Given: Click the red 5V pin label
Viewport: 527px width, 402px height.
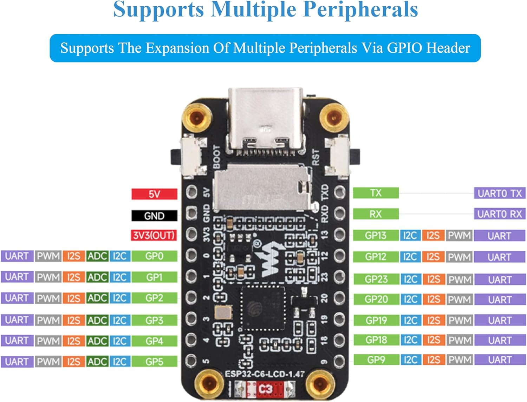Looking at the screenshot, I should pyautogui.click(x=154, y=194).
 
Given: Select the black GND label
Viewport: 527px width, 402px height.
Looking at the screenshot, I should pyautogui.click(x=154, y=216).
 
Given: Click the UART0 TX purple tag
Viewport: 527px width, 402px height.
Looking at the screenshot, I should pyautogui.click(x=499, y=193).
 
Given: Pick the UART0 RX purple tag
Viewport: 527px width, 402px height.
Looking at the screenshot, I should pyautogui.click(x=499, y=214).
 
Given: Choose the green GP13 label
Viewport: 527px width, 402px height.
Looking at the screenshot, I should pyautogui.click(x=376, y=235).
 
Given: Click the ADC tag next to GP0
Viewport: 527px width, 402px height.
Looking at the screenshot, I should pyautogui.click(x=97, y=256).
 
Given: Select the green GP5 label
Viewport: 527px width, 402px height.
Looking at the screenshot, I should pyautogui.click(x=154, y=362).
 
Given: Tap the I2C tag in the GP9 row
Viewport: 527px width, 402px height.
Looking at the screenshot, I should pyautogui.click(x=410, y=360).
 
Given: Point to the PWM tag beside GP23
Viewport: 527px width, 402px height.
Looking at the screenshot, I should pyautogui.click(x=460, y=279).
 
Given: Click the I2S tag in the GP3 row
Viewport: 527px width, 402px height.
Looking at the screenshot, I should pyautogui.click(x=73, y=320).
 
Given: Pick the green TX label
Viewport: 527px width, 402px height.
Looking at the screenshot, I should pyautogui.click(x=376, y=193).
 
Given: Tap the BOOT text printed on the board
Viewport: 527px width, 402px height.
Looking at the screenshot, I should pyautogui.click(x=217, y=157).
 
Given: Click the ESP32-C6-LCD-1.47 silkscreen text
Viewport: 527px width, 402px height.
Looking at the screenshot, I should pyautogui.click(x=265, y=374).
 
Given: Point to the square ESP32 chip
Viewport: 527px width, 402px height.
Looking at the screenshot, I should pyautogui.click(x=262, y=309).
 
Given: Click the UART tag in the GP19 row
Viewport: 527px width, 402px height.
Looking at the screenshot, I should pyautogui.click(x=499, y=321).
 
